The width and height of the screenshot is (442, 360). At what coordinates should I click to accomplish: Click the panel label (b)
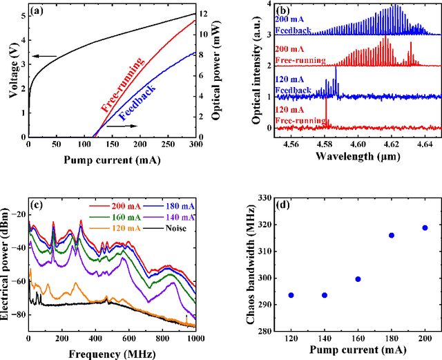click(x=280, y=10)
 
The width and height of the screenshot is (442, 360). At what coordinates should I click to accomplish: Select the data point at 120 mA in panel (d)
click(x=291, y=295)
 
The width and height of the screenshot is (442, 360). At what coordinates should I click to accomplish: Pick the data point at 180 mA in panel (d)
click(x=392, y=236)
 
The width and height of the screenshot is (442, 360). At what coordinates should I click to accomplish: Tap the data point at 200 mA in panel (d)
click(x=425, y=228)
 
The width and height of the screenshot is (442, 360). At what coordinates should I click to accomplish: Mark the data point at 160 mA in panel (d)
click(x=358, y=279)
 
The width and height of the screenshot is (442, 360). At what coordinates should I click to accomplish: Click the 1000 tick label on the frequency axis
click(x=194, y=339)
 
